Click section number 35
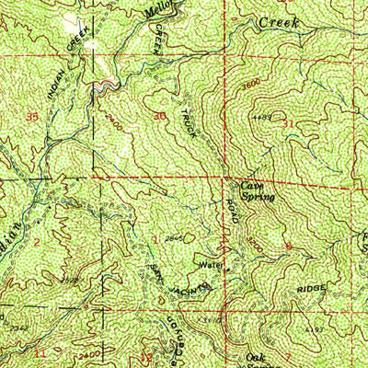34,117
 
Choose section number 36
160,116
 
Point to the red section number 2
36,242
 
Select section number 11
40,352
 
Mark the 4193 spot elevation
315,328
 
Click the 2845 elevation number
173,238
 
